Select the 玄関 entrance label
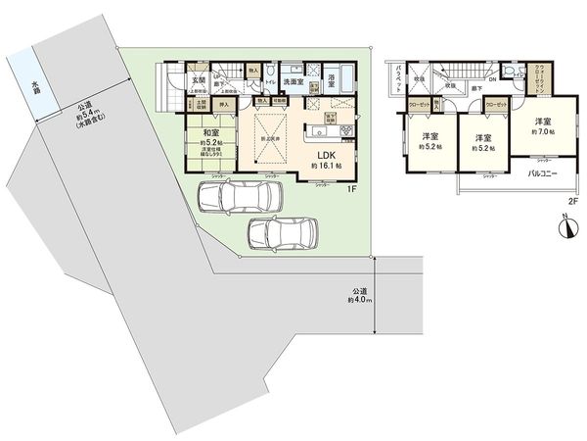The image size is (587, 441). (x=197, y=80)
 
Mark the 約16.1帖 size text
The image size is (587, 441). (x=324, y=167)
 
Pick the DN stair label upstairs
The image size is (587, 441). (x=492, y=80)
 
